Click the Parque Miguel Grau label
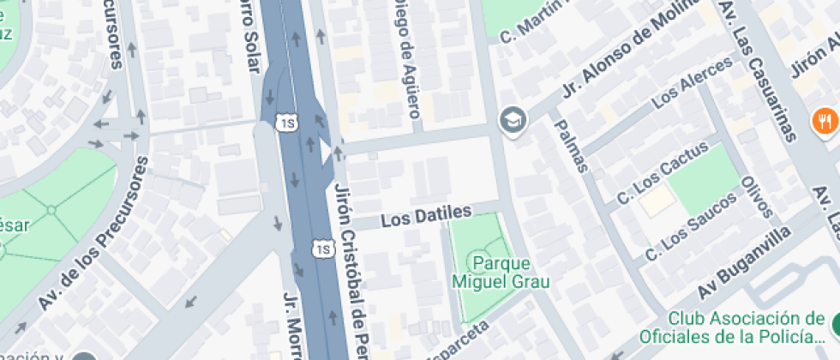[x=501, y=272]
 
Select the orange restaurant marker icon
[x=824, y=121]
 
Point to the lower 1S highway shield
[x=322, y=249]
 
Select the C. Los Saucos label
[x=691, y=227]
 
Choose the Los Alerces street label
[x=693, y=86]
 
